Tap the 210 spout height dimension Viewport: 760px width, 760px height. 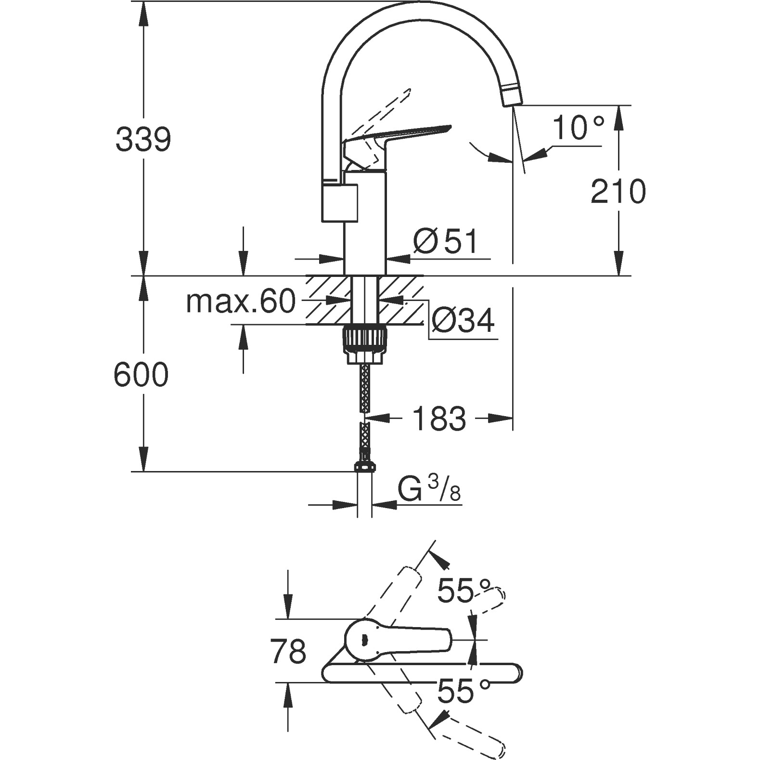click(618, 191)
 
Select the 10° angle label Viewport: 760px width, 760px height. click(577, 128)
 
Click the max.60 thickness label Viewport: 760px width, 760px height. click(240, 302)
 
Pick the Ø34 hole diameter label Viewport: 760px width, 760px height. click(463, 320)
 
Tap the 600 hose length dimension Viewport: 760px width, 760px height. click(141, 374)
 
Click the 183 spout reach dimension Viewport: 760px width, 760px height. click(439, 418)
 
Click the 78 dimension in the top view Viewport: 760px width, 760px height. click(288, 651)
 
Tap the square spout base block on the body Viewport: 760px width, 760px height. click(339, 203)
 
